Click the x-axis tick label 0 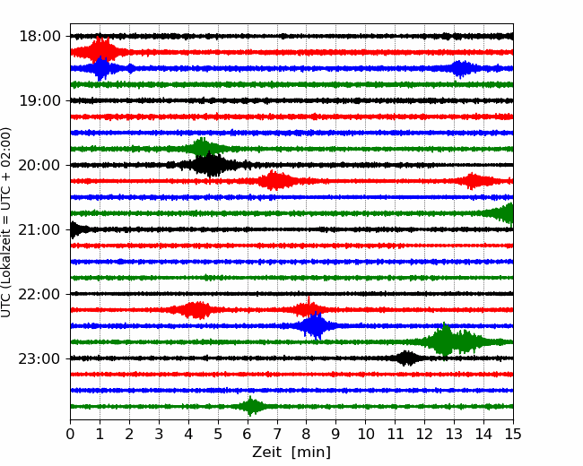coord(71,435)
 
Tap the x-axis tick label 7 coord(277,435)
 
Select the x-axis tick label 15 coord(513,435)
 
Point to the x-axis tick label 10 coord(366,435)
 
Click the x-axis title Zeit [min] coord(291,453)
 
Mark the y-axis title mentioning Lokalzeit coord(7,221)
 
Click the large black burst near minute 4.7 coord(209,165)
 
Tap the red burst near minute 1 coord(101,51)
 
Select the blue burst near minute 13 coord(461,68)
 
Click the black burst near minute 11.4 coord(407,358)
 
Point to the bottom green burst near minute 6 coord(251,407)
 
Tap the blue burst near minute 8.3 coord(315,326)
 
